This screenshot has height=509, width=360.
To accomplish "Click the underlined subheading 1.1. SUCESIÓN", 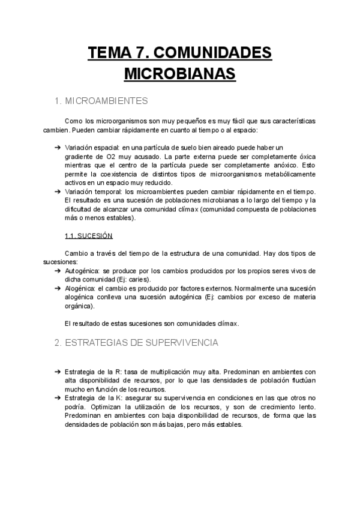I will (88, 235).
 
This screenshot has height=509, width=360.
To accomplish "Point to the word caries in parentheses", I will (140, 280).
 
